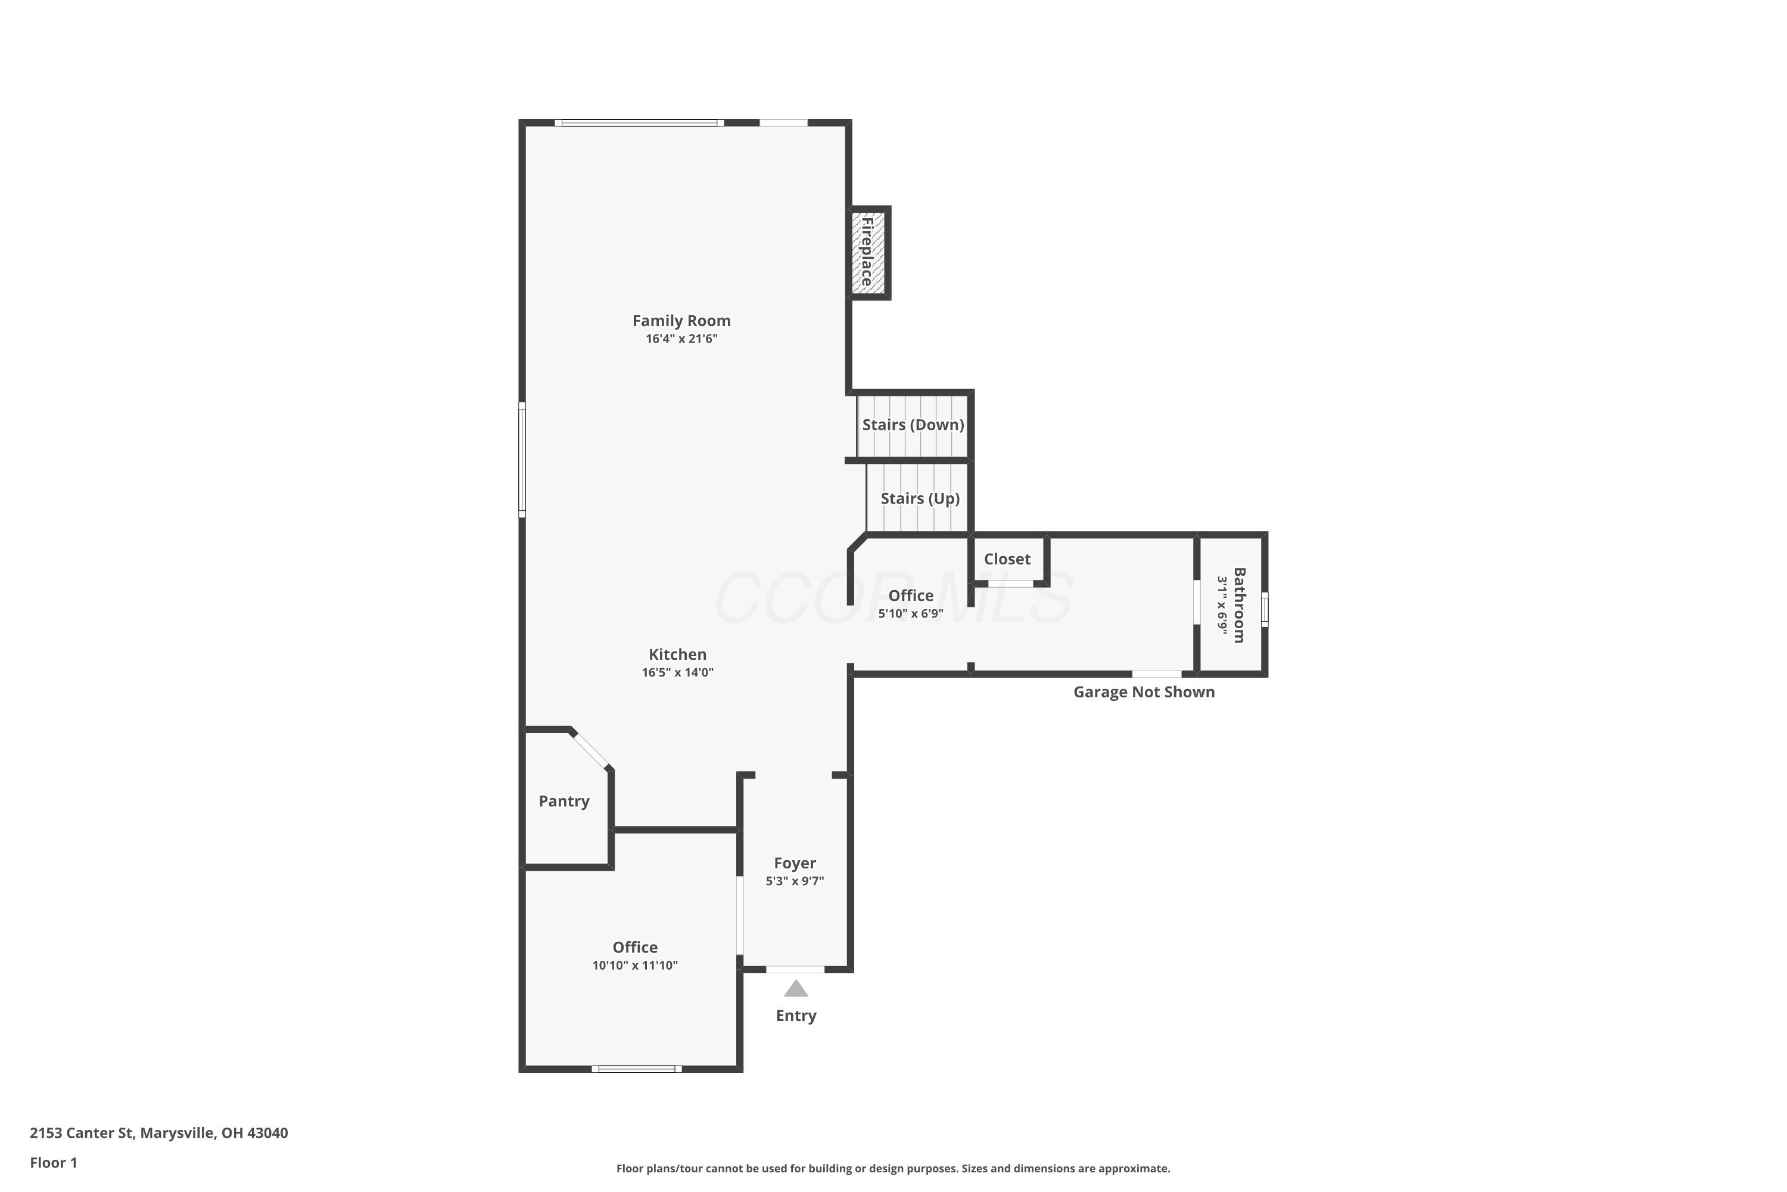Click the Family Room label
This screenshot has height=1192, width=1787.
[x=681, y=321]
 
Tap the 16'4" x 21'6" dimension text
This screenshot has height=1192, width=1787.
[x=681, y=339]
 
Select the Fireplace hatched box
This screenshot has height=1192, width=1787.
[x=868, y=252]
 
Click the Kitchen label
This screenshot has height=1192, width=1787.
[x=678, y=654]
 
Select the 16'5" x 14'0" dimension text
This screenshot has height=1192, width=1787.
[x=678, y=673]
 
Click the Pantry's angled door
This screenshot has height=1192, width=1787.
[x=591, y=751]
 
